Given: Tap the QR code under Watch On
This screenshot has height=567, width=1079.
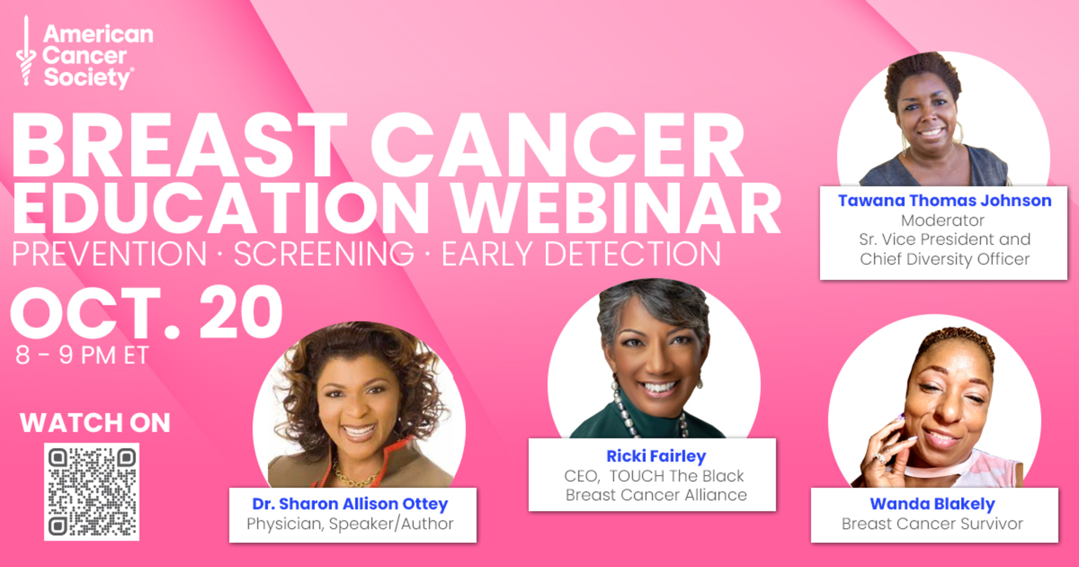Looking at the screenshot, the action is [x=92, y=492].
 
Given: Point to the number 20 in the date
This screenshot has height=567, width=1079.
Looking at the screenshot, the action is [x=241, y=312].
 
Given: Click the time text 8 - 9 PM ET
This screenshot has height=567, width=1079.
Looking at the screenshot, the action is [x=82, y=355].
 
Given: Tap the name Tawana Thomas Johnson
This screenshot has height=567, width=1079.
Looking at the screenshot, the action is [x=944, y=200].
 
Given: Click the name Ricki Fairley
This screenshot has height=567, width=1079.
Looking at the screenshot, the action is [x=656, y=456].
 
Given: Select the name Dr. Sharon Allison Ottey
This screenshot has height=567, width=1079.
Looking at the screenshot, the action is [x=350, y=504].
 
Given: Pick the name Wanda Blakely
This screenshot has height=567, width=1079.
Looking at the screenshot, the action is [x=932, y=504].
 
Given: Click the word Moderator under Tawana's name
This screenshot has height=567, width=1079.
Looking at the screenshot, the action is [x=943, y=220].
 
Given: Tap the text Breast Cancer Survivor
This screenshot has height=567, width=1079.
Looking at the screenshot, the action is [x=932, y=524].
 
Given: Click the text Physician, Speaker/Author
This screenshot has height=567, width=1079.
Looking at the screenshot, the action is [x=350, y=524].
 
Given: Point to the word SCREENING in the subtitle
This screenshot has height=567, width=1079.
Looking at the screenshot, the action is [x=324, y=254].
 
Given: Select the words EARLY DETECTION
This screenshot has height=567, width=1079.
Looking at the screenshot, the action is [x=581, y=254].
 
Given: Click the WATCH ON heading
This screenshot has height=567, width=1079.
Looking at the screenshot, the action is [x=95, y=423].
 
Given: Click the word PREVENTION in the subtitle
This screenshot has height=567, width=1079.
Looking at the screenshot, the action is [x=110, y=254].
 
